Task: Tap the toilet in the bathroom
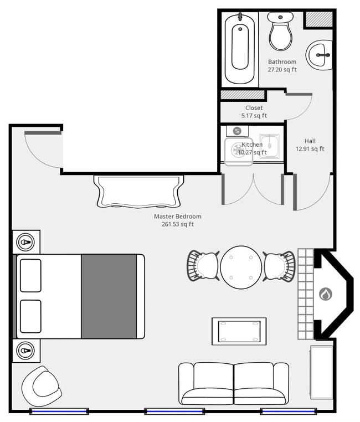281,32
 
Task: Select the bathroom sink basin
320,54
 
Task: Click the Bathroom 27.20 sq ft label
282,66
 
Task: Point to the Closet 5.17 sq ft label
254,112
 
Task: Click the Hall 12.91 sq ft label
310,145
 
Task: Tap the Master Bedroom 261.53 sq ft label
178,220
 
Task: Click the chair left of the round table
203,266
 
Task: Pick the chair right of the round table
279,266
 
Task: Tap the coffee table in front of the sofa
239,331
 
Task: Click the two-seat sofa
233,383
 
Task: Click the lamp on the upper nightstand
25,242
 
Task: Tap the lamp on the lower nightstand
25,351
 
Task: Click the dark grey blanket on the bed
109,296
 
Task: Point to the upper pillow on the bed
30,275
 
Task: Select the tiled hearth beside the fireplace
306,294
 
